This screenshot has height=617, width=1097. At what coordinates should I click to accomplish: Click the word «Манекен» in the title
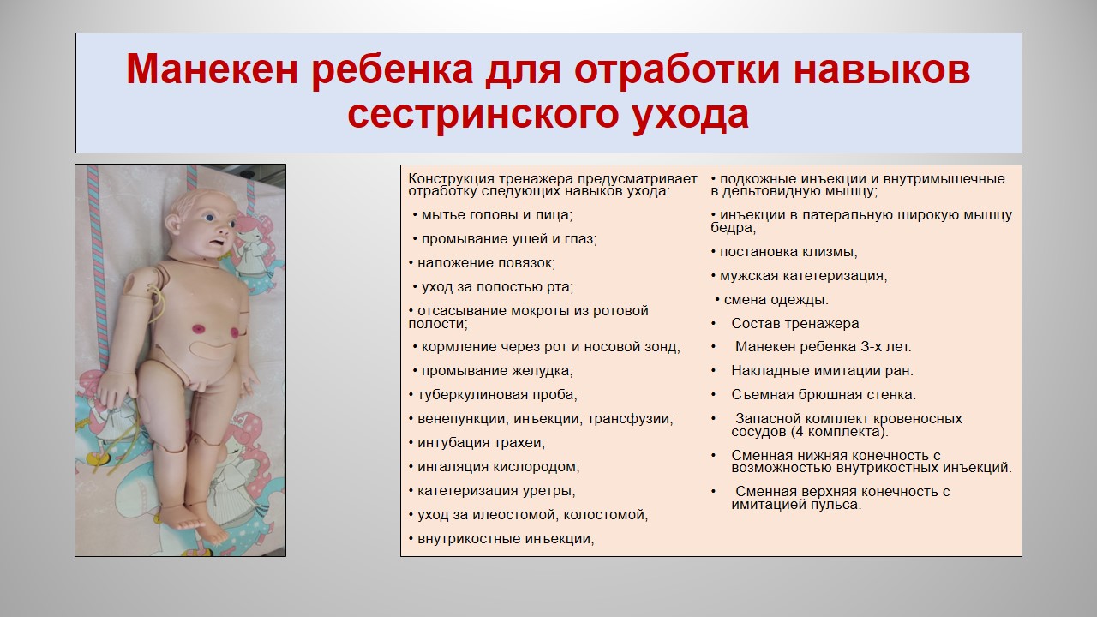click(212, 69)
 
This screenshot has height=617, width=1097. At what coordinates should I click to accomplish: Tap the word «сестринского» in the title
click(483, 114)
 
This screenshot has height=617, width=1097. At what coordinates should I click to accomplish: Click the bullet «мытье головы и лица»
click(493, 215)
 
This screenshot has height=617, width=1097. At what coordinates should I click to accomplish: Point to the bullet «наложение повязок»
click(482, 263)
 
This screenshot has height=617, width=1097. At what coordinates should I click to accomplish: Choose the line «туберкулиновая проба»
click(493, 395)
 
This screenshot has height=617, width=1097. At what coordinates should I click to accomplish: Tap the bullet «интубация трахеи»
click(477, 443)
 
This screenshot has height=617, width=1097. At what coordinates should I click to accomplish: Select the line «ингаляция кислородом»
click(495, 467)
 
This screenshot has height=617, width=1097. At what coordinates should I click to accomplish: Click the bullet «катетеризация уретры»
click(492, 491)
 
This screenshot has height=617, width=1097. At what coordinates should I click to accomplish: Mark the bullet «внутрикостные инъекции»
click(501, 539)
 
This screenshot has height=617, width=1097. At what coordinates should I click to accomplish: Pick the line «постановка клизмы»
click(784, 252)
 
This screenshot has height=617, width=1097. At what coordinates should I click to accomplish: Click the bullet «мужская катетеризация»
click(800, 276)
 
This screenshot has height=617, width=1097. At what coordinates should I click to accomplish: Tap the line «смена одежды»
click(772, 300)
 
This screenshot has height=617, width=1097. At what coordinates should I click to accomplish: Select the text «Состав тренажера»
click(794, 324)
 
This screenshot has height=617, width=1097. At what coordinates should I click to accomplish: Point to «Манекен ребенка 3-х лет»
click(824, 347)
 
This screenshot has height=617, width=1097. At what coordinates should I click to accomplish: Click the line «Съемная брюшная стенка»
click(824, 395)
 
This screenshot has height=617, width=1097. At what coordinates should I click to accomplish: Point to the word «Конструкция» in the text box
click(452, 179)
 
